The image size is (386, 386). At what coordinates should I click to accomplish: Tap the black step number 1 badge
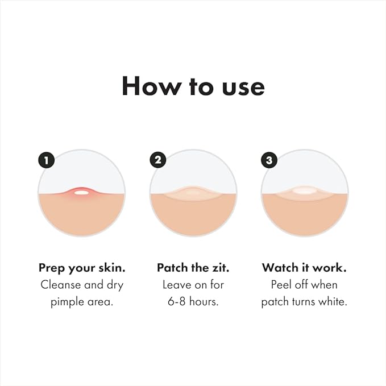pyautogui.click(x=46, y=160)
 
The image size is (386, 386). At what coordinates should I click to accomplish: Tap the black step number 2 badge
pyautogui.click(x=157, y=160)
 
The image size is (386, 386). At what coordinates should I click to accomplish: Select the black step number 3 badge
pyautogui.click(x=269, y=160)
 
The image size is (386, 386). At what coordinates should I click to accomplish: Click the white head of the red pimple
pyautogui.click(x=81, y=192)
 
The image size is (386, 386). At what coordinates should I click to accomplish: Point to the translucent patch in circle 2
pyautogui.click(x=193, y=193)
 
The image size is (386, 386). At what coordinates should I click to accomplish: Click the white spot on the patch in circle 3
pyautogui.click(x=304, y=192)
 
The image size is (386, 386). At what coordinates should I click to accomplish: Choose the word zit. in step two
pyautogui.click(x=218, y=267)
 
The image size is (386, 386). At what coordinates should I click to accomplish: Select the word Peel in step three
pyautogui.click(x=283, y=285)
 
